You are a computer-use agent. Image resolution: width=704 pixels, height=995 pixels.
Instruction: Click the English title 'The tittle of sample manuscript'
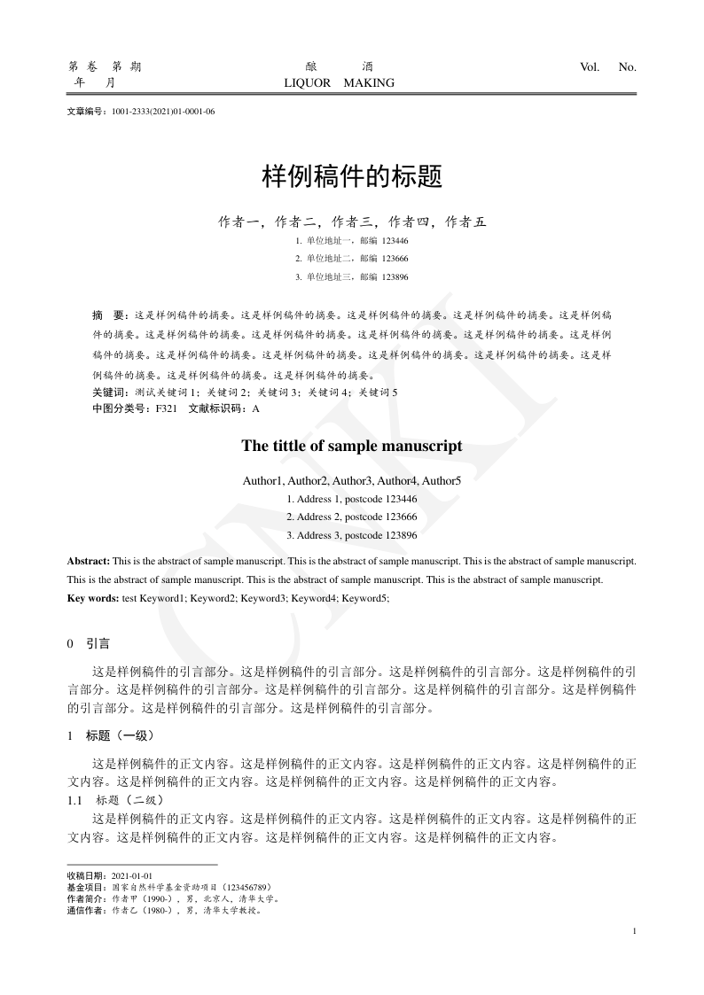(x=352, y=447)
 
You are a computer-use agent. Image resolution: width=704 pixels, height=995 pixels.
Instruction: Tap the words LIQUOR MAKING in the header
(x=339, y=83)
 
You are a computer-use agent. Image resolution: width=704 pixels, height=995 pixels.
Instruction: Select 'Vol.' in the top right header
(x=590, y=66)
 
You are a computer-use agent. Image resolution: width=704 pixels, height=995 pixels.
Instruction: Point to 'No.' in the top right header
(x=627, y=66)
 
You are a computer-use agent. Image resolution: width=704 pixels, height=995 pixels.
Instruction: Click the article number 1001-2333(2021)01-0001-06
(x=164, y=113)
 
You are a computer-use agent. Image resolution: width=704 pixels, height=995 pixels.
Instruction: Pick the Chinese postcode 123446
(x=395, y=240)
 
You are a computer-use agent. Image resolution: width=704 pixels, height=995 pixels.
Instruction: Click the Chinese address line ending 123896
(x=352, y=277)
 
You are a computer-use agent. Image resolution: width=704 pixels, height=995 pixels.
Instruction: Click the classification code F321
(x=167, y=408)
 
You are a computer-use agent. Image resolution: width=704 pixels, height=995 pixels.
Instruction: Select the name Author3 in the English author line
(x=353, y=481)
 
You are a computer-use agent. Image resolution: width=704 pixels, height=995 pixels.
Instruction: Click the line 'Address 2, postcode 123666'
(x=352, y=517)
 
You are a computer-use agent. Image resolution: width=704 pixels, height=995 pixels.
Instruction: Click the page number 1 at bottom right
(x=636, y=930)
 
